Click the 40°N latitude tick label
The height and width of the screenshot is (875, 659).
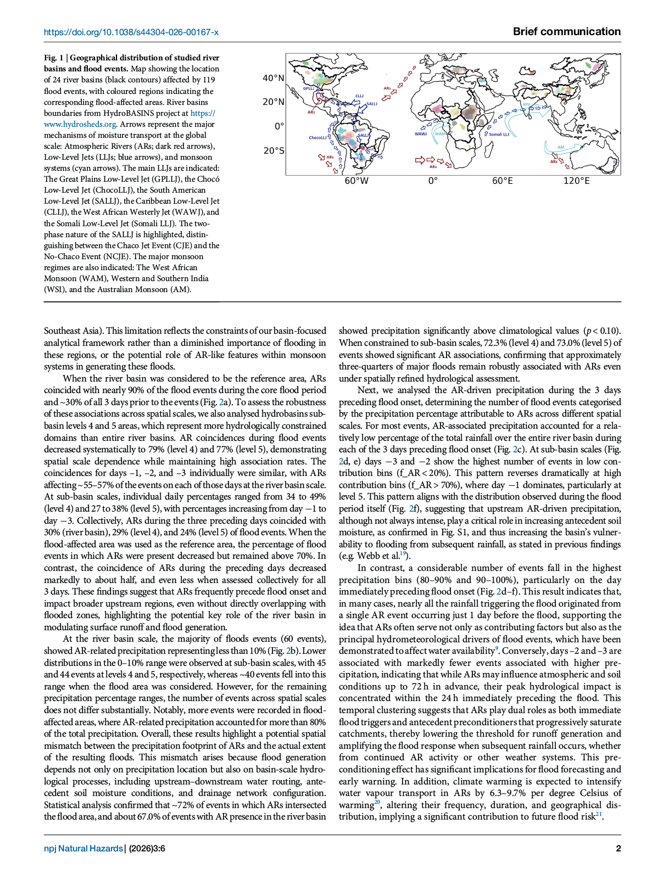(273, 78)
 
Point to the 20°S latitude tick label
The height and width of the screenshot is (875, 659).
(273, 150)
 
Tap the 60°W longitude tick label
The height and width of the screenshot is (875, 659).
(356, 181)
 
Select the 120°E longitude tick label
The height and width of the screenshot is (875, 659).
(576, 181)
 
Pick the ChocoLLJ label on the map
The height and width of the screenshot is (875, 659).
(317, 138)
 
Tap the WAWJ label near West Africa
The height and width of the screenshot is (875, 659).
(421, 134)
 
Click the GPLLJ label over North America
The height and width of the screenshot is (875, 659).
(309, 88)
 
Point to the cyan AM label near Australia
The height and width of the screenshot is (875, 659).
(561, 147)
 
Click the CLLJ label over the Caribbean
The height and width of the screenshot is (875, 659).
(360, 96)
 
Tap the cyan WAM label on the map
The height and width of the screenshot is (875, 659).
(440, 133)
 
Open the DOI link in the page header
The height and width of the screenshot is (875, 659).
(131, 32)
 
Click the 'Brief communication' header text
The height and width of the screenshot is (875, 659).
(567, 31)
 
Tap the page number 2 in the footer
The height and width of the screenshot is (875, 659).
(618, 849)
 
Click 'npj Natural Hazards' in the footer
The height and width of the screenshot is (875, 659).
(83, 849)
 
